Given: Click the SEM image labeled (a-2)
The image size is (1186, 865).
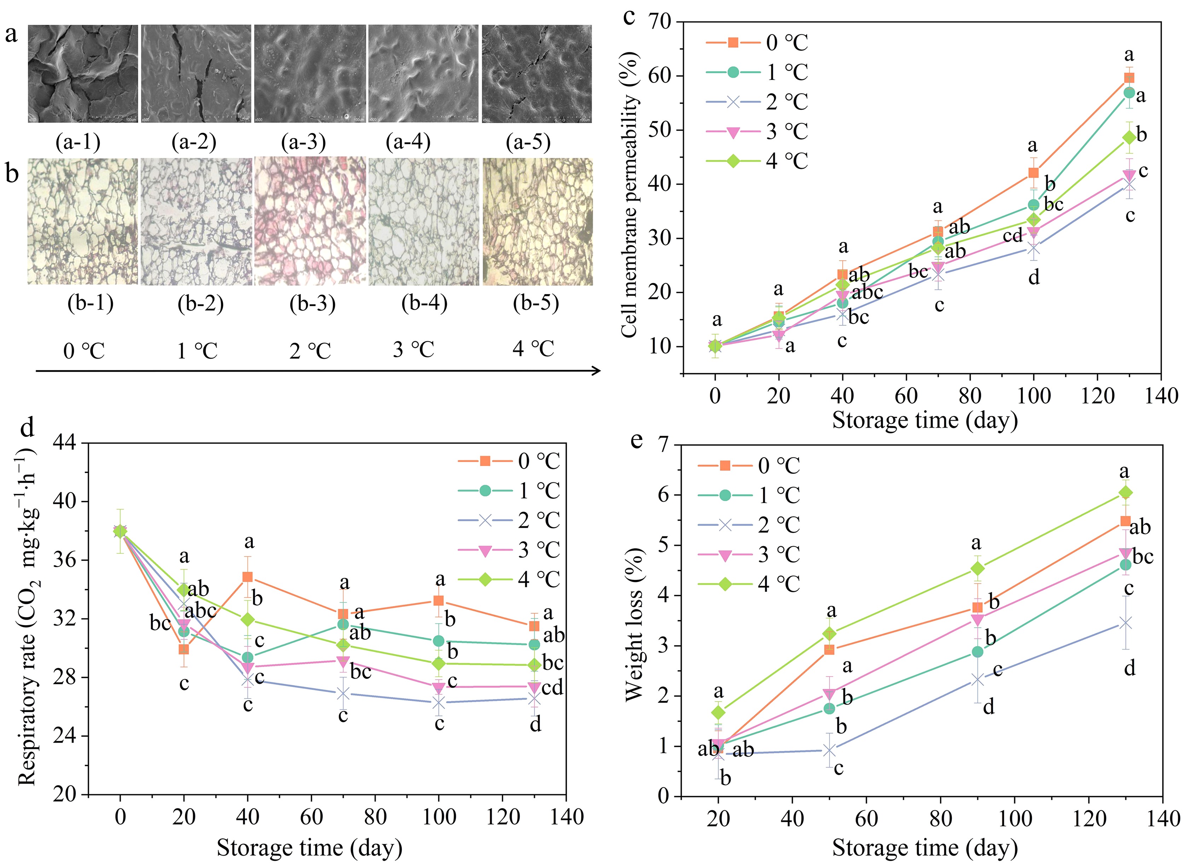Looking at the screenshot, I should coord(196,74).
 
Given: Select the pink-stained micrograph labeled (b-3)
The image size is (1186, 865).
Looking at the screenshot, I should coord(310,221).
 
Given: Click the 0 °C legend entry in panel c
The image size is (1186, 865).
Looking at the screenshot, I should coord(757,43).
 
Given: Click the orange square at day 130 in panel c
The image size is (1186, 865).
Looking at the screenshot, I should coord(1129,78).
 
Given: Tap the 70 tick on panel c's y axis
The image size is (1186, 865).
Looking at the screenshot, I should coord(661,22).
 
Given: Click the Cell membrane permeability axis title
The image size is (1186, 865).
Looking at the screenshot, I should coord(630,195).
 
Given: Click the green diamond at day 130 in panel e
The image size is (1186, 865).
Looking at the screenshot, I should coord(1125,493).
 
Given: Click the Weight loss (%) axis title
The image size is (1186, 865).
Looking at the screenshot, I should coord(634,625).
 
